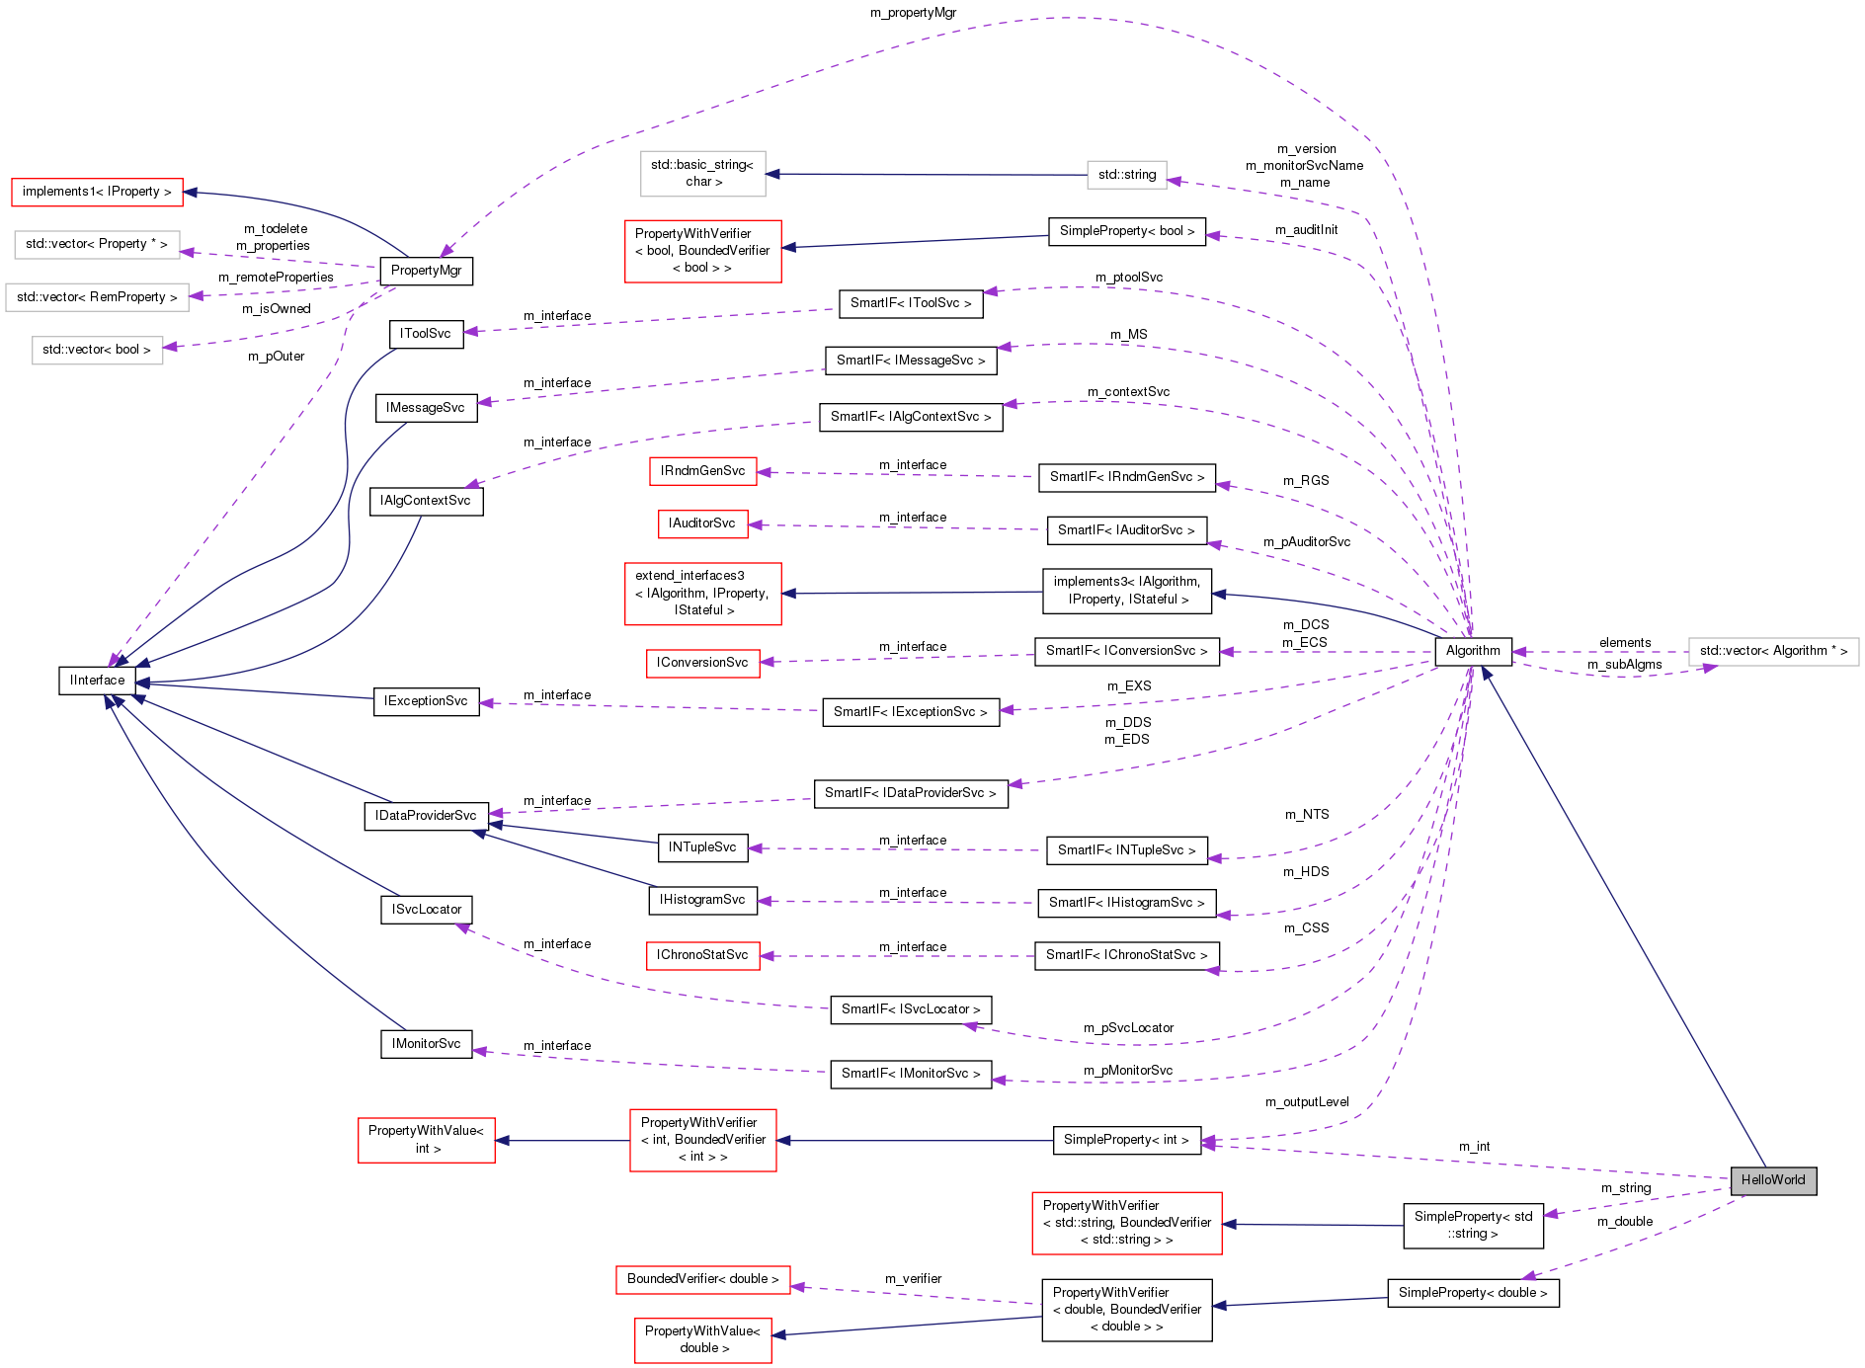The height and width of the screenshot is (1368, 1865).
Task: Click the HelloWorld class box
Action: click(x=1772, y=1180)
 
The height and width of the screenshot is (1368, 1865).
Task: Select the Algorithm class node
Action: click(x=1472, y=651)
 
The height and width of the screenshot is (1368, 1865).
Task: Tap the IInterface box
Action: click(x=97, y=681)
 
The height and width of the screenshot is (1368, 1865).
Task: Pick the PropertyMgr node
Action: click(x=426, y=271)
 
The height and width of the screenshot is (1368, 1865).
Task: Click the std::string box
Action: click(x=1126, y=175)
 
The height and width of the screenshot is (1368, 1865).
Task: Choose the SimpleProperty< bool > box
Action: click(x=1126, y=231)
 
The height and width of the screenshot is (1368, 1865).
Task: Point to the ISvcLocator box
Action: click(x=426, y=910)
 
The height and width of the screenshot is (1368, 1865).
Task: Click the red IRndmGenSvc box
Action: click(x=702, y=471)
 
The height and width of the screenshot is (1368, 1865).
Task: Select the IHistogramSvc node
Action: click(x=702, y=900)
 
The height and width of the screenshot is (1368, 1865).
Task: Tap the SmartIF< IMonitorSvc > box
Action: click(x=910, y=1074)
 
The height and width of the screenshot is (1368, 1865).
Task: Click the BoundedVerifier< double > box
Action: click(x=702, y=1279)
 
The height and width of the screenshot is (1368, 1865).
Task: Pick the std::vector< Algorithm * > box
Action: click(x=1773, y=651)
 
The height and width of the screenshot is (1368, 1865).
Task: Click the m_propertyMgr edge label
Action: click(x=913, y=13)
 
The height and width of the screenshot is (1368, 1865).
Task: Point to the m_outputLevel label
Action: click(x=1307, y=1102)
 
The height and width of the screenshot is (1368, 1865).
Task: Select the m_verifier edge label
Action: click(x=913, y=1279)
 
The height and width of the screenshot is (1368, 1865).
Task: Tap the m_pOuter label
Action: click(x=276, y=357)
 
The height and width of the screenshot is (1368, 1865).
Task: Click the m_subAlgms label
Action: click(x=1624, y=665)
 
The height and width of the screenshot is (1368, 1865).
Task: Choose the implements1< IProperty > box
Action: click(x=97, y=192)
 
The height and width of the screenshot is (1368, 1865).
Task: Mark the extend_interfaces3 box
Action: click(x=702, y=593)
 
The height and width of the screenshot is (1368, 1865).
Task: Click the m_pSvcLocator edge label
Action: click(x=1128, y=1028)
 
